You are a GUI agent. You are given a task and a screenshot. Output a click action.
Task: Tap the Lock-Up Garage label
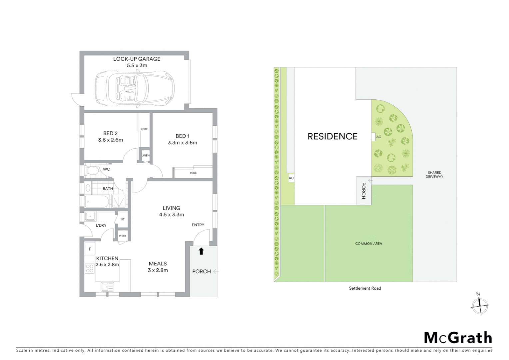[x=137, y=59]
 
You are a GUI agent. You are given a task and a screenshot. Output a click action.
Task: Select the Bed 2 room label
[x=110, y=133]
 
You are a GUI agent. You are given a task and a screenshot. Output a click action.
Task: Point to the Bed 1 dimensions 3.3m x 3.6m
[x=182, y=143]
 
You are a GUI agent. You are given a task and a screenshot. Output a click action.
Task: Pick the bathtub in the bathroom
[x=97, y=201]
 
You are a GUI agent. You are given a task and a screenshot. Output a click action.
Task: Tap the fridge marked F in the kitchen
[x=90, y=249]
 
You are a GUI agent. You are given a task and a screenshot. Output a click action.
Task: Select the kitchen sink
[x=107, y=286]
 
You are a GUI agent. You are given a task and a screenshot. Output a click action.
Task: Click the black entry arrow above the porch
[x=201, y=251]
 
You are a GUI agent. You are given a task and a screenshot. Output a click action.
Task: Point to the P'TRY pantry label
[x=123, y=236]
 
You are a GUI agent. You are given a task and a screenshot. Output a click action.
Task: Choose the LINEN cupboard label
[x=146, y=156]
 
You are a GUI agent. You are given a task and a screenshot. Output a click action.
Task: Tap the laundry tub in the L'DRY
[x=90, y=217]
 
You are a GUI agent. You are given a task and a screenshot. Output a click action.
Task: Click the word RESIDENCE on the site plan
[x=332, y=136]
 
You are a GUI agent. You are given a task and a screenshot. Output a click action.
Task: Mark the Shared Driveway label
[x=434, y=175]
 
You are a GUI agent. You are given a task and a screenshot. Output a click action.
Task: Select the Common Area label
[x=368, y=244]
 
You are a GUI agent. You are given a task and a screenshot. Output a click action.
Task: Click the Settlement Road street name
[x=365, y=288]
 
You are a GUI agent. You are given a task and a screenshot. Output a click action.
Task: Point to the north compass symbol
[x=480, y=305]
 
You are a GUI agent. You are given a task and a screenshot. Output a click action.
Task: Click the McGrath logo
[x=458, y=338]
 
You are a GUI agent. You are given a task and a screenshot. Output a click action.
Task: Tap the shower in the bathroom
[x=119, y=201]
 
